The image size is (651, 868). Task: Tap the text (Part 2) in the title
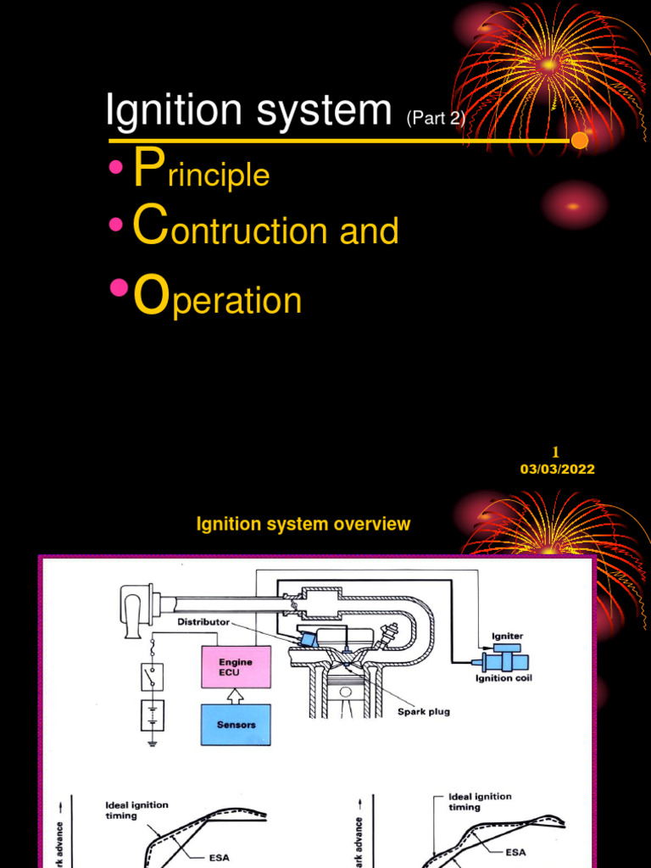point(436,119)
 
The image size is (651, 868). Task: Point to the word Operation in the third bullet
point(218,300)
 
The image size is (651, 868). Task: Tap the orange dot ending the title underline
point(580,140)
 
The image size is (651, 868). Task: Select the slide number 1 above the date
point(556,452)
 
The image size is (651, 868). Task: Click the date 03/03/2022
point(557,470)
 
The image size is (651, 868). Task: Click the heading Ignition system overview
point(303,525)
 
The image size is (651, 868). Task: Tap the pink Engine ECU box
point(236,667)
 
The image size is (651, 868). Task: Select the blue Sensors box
point(236,725)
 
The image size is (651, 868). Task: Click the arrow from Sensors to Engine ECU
point(236,696)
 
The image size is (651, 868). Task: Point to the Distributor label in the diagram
point(203,622)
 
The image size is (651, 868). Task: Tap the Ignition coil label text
point(504,678)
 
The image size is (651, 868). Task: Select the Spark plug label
point(424,712)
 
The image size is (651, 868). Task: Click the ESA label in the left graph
point(219,857)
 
